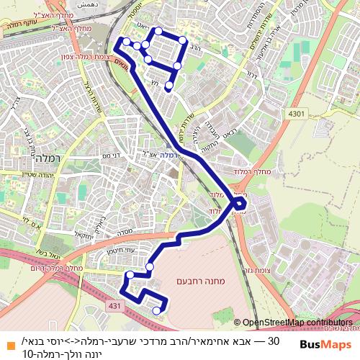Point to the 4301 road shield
point(297,114)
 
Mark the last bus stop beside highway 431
point(156,310)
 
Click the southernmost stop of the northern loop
point(168,86)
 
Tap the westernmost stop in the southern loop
point(130,274)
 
